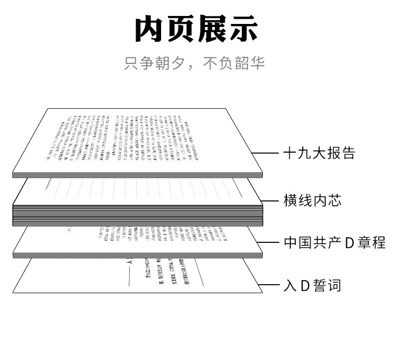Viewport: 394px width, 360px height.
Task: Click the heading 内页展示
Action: [x=197, y=29]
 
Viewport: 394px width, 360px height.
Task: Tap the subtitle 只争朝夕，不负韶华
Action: [x=195, y=63]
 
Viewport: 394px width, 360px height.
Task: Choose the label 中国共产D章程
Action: [x=334, y=243]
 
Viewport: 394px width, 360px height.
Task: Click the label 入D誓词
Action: [x=312, y=286]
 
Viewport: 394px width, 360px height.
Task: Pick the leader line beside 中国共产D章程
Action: [x=271, y=243]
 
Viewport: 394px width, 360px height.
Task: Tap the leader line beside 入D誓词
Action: [x=271, y=286]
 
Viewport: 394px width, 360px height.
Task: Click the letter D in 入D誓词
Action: [x=306, y=286]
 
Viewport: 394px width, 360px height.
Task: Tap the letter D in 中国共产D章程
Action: [x=350, y=243]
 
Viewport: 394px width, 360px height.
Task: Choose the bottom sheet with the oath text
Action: [x=137, y=277]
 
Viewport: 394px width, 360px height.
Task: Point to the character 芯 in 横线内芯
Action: [x=348, y=200]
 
